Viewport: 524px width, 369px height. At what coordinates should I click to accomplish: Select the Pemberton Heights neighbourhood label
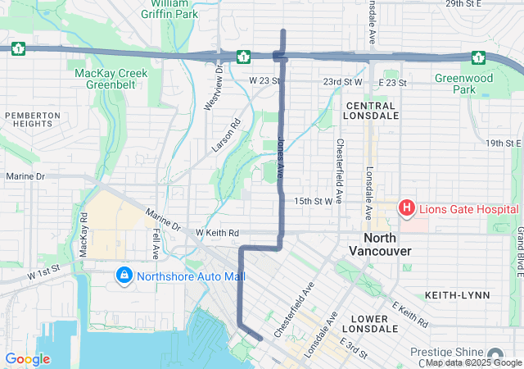point(32,119)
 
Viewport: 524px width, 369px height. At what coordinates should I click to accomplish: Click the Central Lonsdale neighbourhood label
point(371,111)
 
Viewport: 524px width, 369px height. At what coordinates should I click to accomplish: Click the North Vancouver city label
point(380,244)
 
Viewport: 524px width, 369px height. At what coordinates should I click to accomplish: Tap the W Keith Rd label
point(217,233)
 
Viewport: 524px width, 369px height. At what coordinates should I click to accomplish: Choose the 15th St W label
point(314,201)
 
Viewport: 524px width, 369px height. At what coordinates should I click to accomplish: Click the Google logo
point(28,359)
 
